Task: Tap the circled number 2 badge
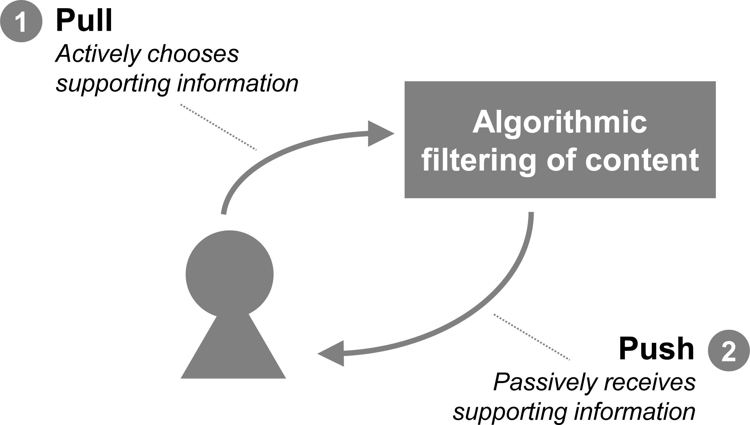[729, 351]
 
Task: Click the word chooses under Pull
[193, 54]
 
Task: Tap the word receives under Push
[650, 382]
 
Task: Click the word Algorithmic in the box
[560, 123]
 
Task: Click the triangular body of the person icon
[233, 353]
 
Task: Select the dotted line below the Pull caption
[218, 127]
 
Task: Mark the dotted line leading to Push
[531, 337]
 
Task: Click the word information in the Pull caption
[238, 83]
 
